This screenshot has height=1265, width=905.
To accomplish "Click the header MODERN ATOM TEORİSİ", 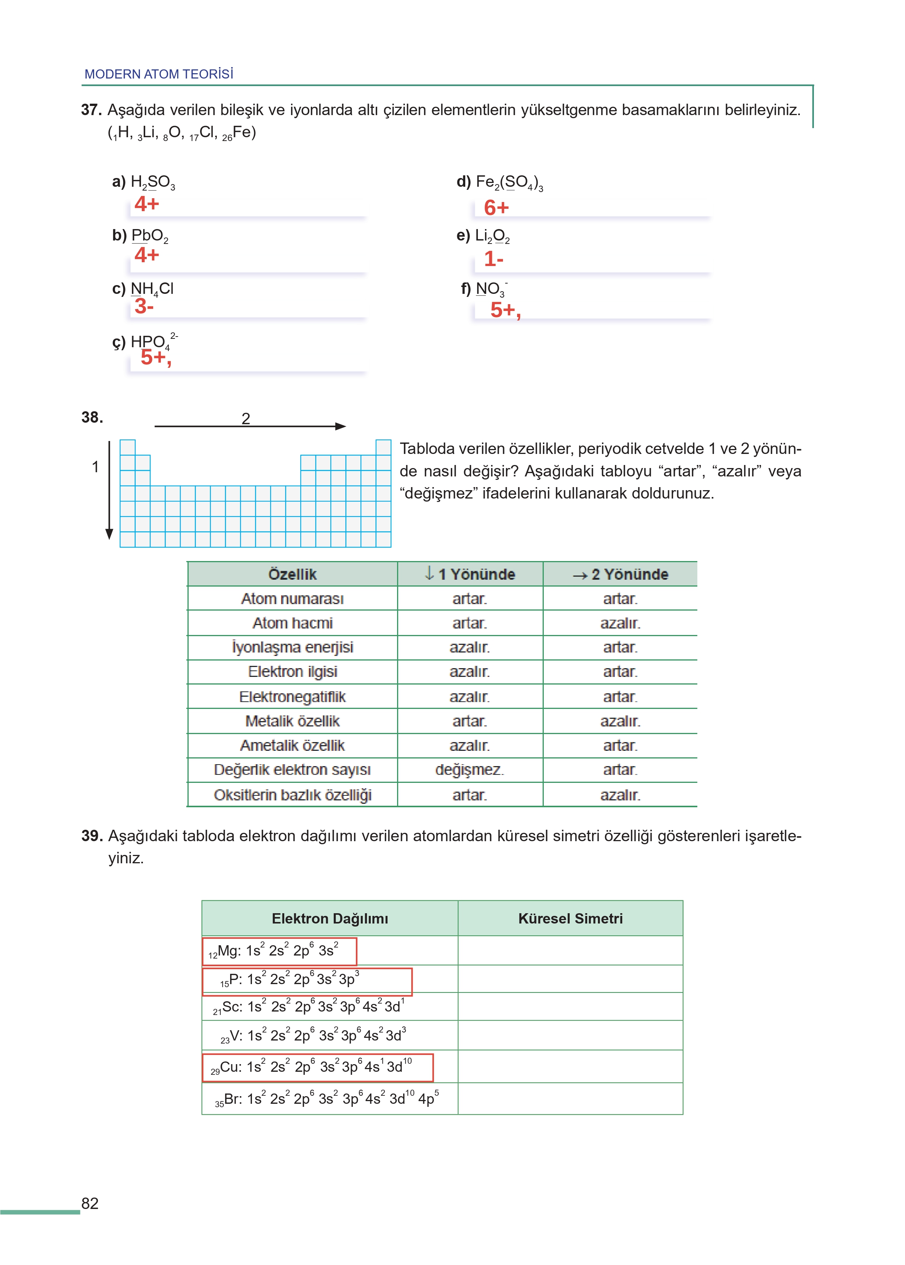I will pos(159,74).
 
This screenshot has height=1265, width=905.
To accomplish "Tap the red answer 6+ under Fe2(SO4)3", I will pos(496,208).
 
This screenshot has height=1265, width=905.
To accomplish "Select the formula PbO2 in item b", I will pos(149,236).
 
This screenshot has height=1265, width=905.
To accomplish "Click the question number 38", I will pos(92,417).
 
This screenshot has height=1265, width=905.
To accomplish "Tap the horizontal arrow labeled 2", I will pos(250,426).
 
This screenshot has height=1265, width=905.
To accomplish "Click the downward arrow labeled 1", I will pos(109,491).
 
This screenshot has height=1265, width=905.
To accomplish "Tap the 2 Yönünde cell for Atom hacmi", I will pos(620,623).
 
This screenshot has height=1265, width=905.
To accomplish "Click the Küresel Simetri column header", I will pos(570,919).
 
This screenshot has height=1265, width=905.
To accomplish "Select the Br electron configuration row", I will pos(327,1099).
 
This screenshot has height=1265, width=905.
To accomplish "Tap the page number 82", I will pos(90,1204).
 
